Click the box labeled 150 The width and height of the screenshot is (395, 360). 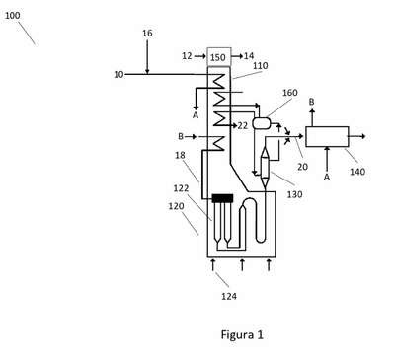tap(219, 57)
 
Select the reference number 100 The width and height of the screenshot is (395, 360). tap(12, 16)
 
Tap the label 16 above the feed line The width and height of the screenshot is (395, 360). tap(147, 34)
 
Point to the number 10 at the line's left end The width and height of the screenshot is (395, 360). tap(118, 75)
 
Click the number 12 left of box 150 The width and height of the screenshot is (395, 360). tap(187, 56)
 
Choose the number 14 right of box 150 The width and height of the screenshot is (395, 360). tap(249, 56)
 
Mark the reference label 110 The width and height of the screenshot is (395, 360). tap(260, 66)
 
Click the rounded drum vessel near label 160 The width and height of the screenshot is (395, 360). tap(262, 123)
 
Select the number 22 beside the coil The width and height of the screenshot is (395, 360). tap(243, 125)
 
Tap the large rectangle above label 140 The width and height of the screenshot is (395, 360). tap(327, 136)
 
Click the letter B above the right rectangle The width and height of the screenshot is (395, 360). tap(311, 102)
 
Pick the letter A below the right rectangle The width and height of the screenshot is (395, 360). tap(327, 177)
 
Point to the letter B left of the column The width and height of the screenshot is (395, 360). tap(181, 136)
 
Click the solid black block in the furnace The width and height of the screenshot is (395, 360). tap(222, 198)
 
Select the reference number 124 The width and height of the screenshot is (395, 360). tap(229, 296)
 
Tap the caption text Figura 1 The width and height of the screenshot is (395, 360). tap(242, 334)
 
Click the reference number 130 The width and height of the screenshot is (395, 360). tap(294, 194)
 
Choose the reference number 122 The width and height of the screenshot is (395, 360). tap(181, 188)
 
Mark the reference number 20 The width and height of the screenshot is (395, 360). tap(302, 167)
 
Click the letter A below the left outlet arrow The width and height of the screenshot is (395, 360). tap(196, 115)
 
